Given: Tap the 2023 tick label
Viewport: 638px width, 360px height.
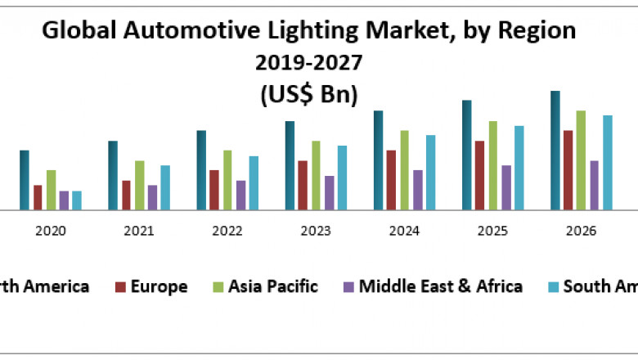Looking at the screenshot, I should tap(316, 232).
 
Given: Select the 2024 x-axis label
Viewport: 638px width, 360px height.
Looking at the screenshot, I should tap(404, 232).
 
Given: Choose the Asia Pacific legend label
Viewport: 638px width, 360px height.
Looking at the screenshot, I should tap(273, 286).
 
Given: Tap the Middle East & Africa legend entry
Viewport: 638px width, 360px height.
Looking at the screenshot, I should tap(441, 286).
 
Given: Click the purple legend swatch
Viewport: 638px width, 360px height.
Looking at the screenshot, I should tap(348, 287).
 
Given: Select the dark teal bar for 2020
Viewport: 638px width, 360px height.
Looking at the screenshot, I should tap(25, 180).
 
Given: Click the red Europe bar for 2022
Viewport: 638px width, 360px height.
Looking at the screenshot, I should tap(214, 190).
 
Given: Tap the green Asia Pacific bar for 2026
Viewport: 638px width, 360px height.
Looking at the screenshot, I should tap(581, 160).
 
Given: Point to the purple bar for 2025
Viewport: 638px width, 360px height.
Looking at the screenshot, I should tap(506, 187).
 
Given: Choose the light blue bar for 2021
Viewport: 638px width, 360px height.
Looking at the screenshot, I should tap(165, 187).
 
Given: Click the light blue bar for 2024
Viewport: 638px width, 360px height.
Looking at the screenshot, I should tap(430, 173).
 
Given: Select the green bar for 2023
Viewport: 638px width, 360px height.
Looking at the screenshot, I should tap(316, 175).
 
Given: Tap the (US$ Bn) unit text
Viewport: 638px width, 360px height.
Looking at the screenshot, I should tap(309, 94).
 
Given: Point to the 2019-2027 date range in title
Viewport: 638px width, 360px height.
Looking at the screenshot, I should tap(309, 62).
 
